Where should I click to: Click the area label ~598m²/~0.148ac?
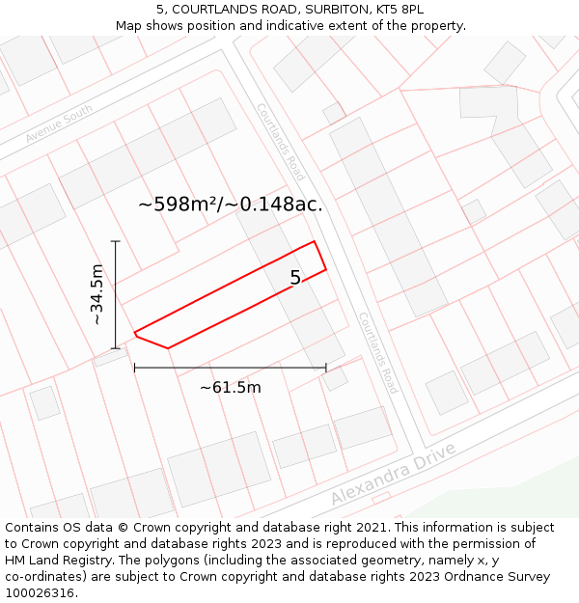coord(231,204)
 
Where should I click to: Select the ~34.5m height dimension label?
coord(96,294)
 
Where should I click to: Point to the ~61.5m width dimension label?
coord(230,387)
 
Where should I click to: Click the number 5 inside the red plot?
coord(295,278)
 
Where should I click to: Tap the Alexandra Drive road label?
coord(393,476)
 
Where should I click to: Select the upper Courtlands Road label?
coord(281,142)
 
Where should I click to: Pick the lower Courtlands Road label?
coord(378,352)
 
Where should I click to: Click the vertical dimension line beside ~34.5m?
coord(115,294)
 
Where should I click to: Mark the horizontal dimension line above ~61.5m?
coord(230,368)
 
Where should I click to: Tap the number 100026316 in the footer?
coord(41,593)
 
